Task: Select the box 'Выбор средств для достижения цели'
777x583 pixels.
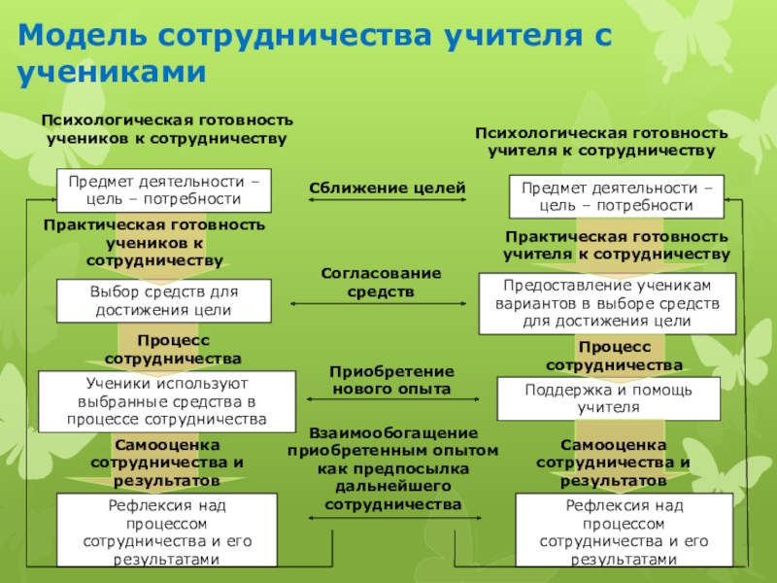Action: coord(163,300)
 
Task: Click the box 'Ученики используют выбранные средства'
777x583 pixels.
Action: coord(167,401)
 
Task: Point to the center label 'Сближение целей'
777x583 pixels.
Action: coord(388,187)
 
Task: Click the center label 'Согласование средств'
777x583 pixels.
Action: coord(381,282)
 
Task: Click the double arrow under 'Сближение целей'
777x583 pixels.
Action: coord(388,201)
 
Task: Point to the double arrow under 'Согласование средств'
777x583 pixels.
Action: coord(381,303)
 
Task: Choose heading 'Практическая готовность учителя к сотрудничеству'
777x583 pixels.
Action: coord(616,245)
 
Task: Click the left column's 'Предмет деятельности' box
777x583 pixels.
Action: coord(163,189)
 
